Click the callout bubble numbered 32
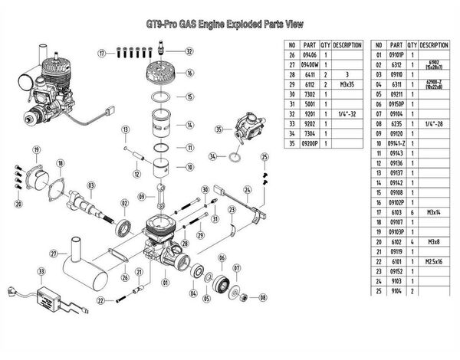coord(189,52)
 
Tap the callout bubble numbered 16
coord(189,74)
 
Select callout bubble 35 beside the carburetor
coord(219,129)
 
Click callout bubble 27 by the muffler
coord(54,254)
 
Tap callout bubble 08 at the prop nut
coord(263,297)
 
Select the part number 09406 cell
coord(310,56)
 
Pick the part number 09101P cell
coord(396,56)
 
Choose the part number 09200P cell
coord(310,143)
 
